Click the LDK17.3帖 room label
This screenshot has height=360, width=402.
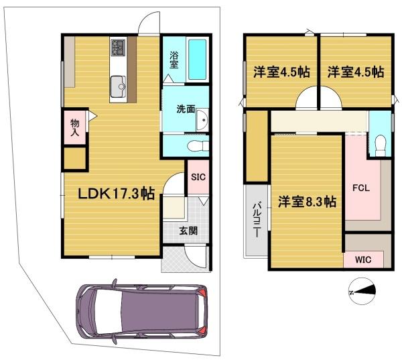tap(116, 194)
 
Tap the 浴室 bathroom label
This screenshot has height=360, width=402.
tap(174, 60)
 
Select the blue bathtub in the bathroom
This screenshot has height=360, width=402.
tap(198, 59)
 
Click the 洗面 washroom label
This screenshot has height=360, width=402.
tap(186, 109)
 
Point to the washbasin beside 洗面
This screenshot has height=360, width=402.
tap(202, 119)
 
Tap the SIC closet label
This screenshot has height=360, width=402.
tap(198, 177)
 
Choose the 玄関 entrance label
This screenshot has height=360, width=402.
tap(188, 231)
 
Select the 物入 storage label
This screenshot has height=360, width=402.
tap(75, 127)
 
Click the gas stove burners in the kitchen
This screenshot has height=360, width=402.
tap(118, 47)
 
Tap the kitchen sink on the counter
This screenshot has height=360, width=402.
tap(118, 86)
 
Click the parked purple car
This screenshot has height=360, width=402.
tap(141, 311)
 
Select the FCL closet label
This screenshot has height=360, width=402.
tap(361, 188)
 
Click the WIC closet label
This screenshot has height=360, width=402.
tap(363, 259)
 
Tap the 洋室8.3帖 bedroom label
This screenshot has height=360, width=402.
tap(307, 202)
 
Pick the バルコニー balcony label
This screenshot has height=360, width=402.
tap(257, 221)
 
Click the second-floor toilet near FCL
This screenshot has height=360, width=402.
tap(381, 145)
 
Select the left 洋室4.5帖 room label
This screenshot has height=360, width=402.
tap(282, 72)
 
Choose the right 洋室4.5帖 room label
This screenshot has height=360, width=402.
tap(356, 72)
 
